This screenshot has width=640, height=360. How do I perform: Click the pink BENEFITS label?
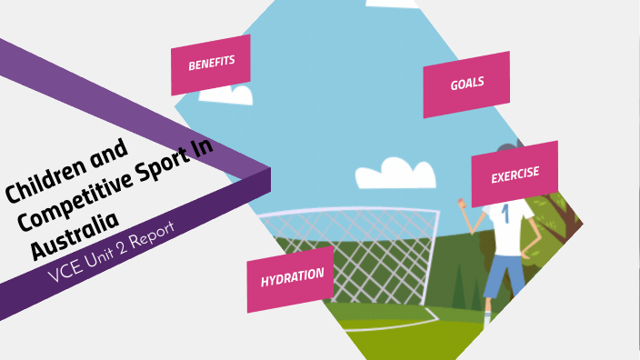[x=211, y=65]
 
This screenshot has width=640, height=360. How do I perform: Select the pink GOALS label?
[x=466, y=84]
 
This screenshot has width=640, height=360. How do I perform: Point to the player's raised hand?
[x=463, y=201]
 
